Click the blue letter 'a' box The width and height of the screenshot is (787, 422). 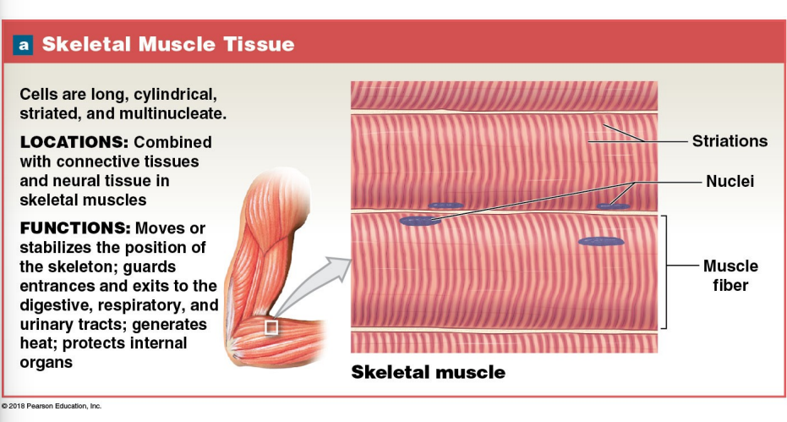pyautogui.click(x=23, y=44)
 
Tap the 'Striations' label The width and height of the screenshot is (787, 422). pyautogui.click(x=730, y=141)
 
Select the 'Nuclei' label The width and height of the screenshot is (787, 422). pyautogui.click(x=730, y=181)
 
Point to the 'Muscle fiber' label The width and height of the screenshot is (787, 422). pyautogui.click(x=730, y=276)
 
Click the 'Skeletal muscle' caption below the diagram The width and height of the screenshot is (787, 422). pyautogui.click(x=428, y=372)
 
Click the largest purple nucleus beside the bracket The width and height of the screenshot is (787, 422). pyautogui.click(x=601, y=242)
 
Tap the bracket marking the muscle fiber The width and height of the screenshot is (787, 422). pyautogui.click(x=665, y=271)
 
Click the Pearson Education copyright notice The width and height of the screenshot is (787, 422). pyautogui.click(x=52, y=406)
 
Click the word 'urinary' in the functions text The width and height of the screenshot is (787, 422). pyautogui.click(x=49, y=325)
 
